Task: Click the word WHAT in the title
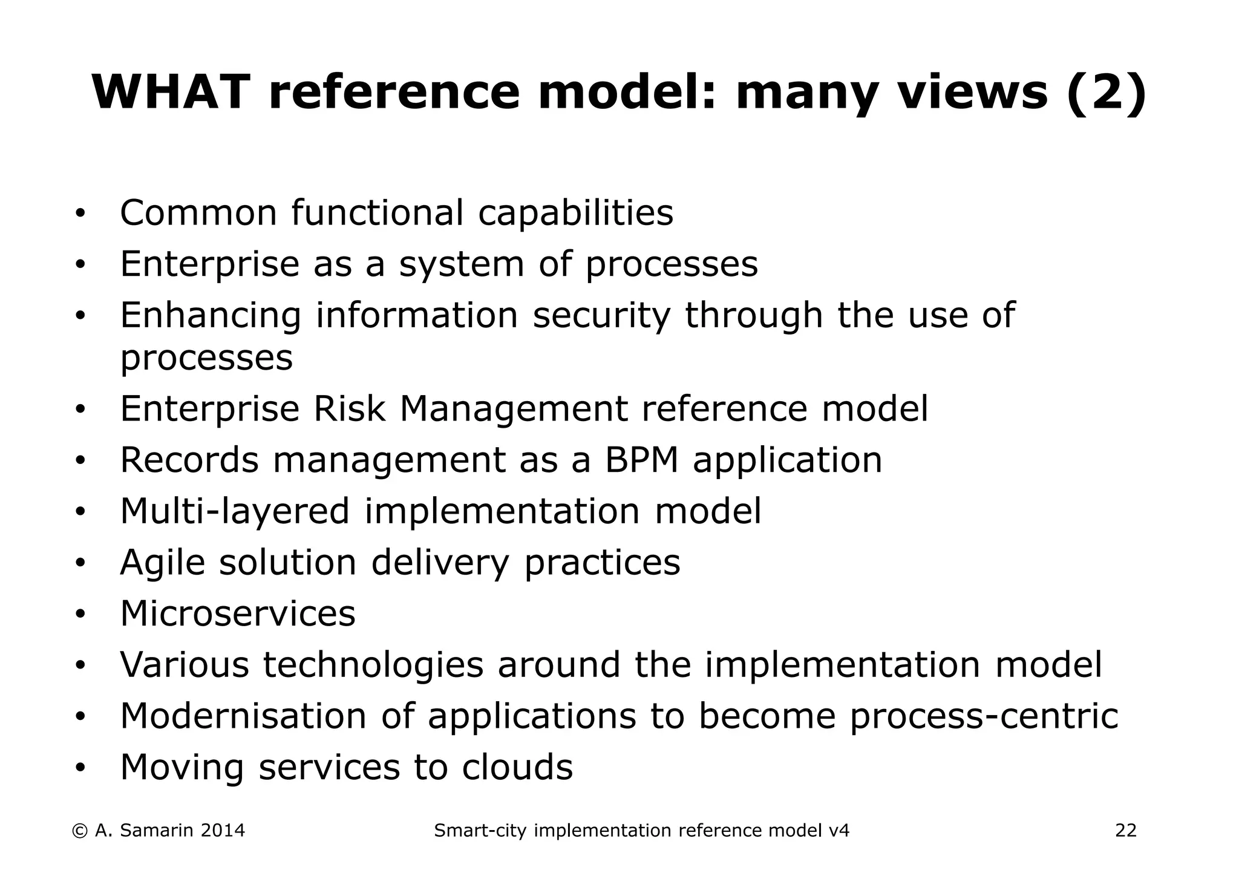171,92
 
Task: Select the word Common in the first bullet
198,213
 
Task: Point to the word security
601,316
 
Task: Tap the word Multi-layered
235,511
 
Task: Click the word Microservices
238,613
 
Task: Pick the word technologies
373,665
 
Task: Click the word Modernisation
243,716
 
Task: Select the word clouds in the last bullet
517,768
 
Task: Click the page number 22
1126,831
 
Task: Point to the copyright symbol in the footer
79,831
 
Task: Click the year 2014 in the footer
222,831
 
